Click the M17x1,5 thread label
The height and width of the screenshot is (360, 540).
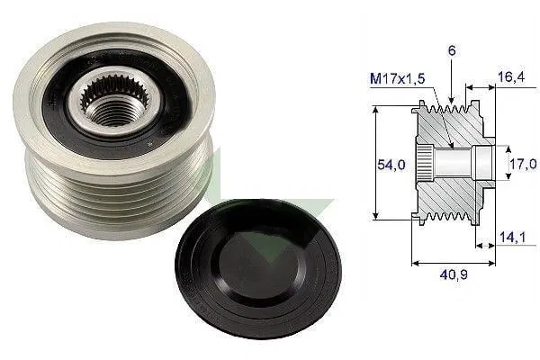click(x=397, y=78)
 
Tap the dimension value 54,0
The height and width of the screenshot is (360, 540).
click(x=391, y=165)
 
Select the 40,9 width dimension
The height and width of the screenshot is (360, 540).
click(x=454, y=274)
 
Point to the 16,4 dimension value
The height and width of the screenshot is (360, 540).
click(x=511, y=76)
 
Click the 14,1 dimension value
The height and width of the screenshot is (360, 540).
click(x=512, y=237)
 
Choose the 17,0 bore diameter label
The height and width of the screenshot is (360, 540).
click(x=523, y=164)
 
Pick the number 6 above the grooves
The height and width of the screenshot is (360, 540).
click(x=452, y=50)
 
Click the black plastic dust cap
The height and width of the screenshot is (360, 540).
click(x=258, y=269)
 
